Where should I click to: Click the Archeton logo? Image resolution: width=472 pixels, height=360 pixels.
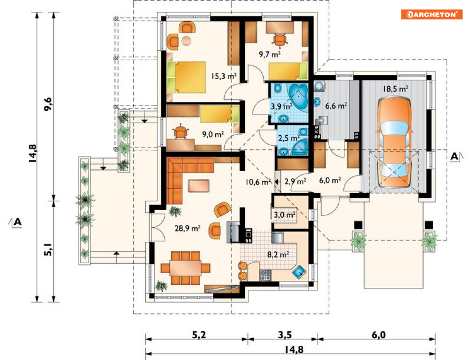(431, 14)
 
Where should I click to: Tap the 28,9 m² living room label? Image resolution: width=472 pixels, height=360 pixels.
(187, 228)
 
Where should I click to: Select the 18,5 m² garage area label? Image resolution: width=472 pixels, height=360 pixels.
(396, 89)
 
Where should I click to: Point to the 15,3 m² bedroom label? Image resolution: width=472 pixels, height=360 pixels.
(223, 76)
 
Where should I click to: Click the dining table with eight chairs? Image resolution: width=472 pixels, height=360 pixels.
(185, 268)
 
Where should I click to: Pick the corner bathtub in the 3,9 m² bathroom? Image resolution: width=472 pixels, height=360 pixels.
(298, 96)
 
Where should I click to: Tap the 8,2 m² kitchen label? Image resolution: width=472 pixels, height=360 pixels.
(278, 255)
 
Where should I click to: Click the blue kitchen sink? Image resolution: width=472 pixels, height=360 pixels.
(299, 271)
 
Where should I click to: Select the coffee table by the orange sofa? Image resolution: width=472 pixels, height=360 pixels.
(199, 185)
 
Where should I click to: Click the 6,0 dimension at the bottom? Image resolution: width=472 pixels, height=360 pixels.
(379, 335)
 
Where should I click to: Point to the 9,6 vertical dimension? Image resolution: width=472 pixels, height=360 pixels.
(48, 104)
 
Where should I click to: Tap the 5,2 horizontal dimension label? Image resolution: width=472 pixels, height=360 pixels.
(199, 335)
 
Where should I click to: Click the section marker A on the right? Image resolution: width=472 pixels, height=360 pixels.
(454, 156)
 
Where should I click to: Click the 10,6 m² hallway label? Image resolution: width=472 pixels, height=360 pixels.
(258, 182)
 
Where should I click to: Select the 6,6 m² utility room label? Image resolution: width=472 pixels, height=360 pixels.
(336, 105)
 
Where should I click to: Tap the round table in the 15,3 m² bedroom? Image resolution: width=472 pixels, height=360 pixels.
(186, 40)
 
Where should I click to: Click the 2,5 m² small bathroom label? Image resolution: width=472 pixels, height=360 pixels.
(289, 138)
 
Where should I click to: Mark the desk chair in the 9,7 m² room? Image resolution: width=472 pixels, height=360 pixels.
(280, 39)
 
